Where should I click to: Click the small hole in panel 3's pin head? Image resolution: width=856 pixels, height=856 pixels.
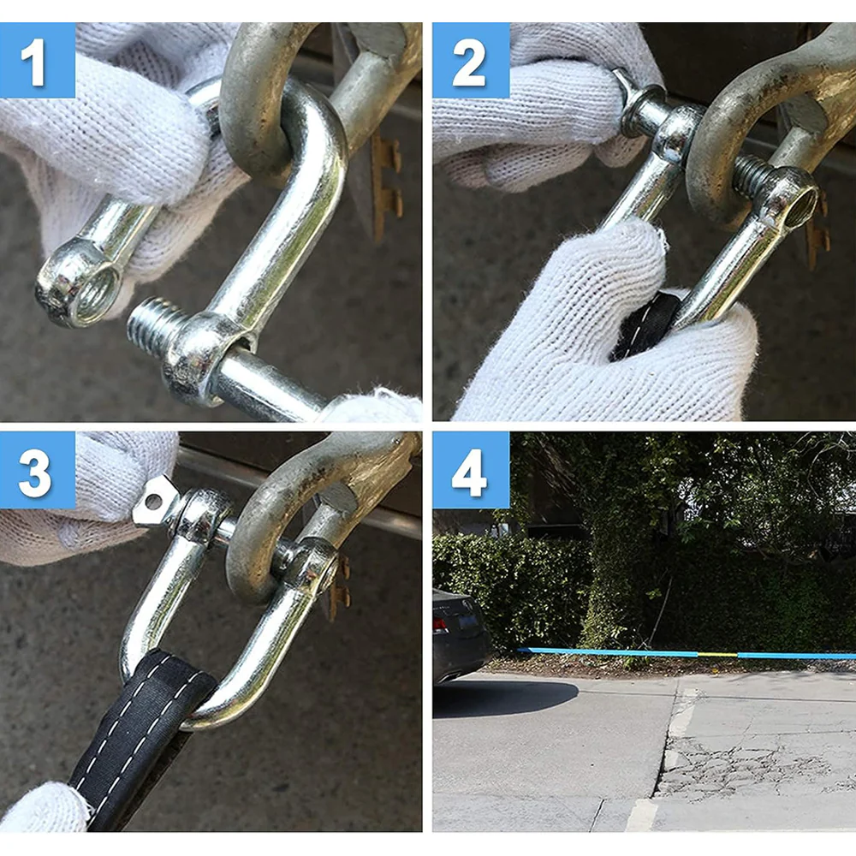[154, 500]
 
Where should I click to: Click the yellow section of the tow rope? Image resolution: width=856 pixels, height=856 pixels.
[717, 654]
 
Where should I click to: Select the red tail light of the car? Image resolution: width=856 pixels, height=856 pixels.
[440, 625]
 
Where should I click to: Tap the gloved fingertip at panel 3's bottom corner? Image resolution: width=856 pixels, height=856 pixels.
[41, 807]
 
